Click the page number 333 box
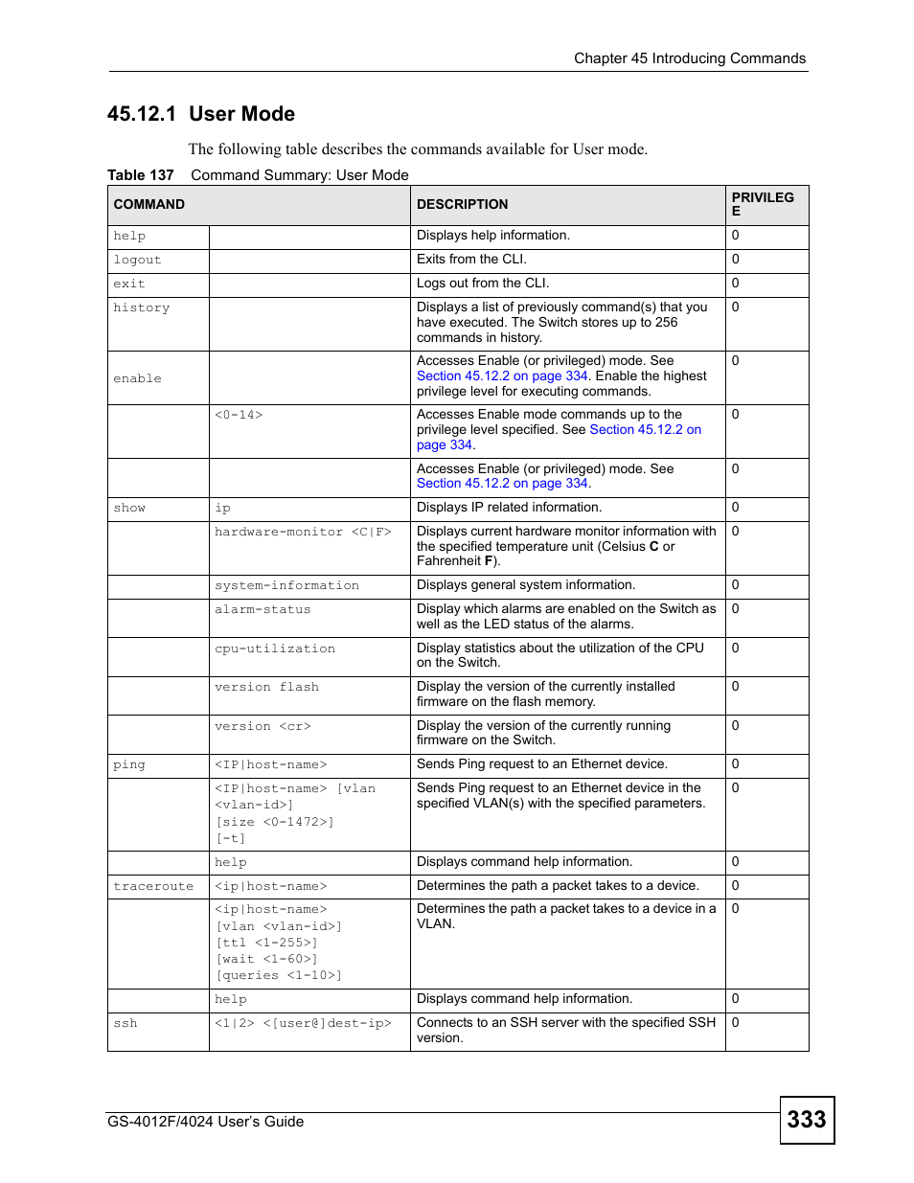[806, 1119]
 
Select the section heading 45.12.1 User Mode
[201, 114]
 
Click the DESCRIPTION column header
[462, 204]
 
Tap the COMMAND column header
[149, 204]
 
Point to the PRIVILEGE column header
[763, 204]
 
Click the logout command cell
[137, 260]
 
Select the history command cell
[141, 307]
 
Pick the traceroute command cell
[153, 886]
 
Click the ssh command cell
[126, 1023]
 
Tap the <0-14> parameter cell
[239, 415]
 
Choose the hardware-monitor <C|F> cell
[303, 532]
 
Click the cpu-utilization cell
[275, 648]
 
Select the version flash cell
[266, 687]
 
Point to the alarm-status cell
[263, 609]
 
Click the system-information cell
[286, 585]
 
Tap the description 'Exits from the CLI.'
[471, 259]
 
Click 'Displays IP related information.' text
[509, 507]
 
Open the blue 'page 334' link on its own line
[445, 444]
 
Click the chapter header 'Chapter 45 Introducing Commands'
[689, 58]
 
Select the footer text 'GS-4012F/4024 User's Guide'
[205, 1121]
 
